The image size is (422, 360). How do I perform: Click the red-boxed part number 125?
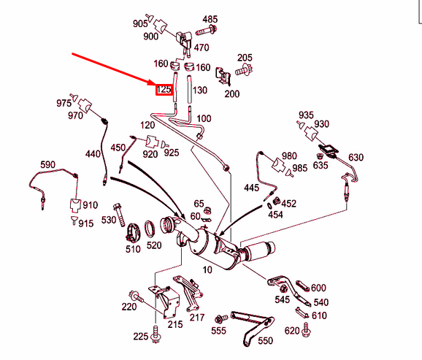coord(164,89)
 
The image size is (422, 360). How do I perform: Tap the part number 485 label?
coord(210,20)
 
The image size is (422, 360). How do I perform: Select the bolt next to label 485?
coord(207,30)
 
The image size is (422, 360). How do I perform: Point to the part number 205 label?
coord(245,58)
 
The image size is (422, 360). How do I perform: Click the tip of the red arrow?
coord(155,84)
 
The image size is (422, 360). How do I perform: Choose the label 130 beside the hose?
coord(200,90)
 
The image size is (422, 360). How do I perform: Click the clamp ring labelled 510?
coord(133,233)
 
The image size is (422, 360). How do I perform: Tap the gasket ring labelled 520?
coord(150,229)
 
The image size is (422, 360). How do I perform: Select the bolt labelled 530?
coord(119,215)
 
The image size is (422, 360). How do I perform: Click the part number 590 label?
coord(47,164)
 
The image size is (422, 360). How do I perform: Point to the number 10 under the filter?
coord(207,269)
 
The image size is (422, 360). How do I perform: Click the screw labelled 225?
coord(156,334)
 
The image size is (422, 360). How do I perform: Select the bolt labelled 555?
coord(221,319)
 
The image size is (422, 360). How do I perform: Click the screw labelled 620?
coord(306,329)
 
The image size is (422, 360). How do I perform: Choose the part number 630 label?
coord(356,157)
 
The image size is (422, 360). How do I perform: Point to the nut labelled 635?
coord(320,156)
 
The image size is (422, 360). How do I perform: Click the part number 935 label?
coord(306,115)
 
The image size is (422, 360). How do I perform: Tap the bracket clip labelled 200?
coord(223,75)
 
